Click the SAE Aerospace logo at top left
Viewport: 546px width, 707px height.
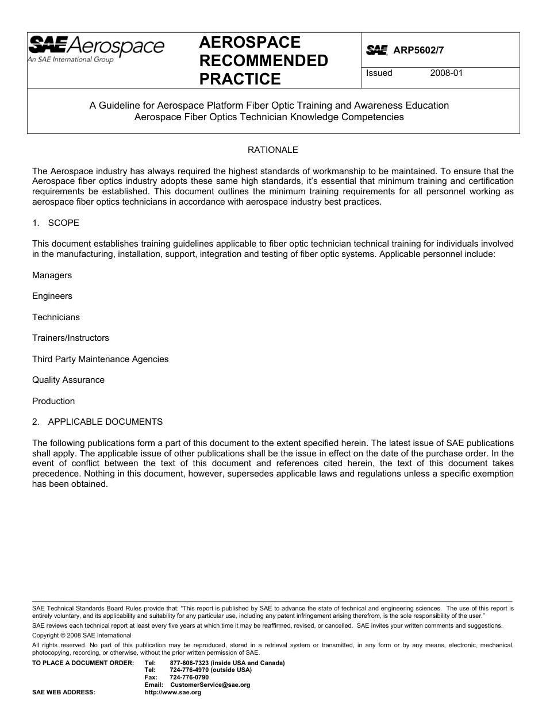(96, 49)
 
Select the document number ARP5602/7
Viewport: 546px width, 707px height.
(419, 51)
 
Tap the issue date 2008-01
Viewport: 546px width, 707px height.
(446, 73)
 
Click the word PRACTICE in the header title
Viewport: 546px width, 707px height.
(240, 79)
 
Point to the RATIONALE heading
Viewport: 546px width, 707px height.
(273, 150)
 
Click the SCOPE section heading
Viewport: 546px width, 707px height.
(63, 222)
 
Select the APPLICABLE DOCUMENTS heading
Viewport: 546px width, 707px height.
(105, 422)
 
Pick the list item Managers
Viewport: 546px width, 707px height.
(52, 275)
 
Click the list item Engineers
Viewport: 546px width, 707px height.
(52, 296)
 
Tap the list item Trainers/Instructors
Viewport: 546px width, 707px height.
(70, 338)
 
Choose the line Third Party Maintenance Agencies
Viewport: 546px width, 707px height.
(100, 359)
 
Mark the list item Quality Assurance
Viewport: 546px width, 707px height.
(68, 380)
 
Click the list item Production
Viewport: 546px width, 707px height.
(53, 401)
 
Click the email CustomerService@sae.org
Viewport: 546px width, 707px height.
(210, 685)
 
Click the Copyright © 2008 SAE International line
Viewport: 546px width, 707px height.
(82, 635)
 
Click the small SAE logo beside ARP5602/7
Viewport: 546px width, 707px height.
(376, 51)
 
